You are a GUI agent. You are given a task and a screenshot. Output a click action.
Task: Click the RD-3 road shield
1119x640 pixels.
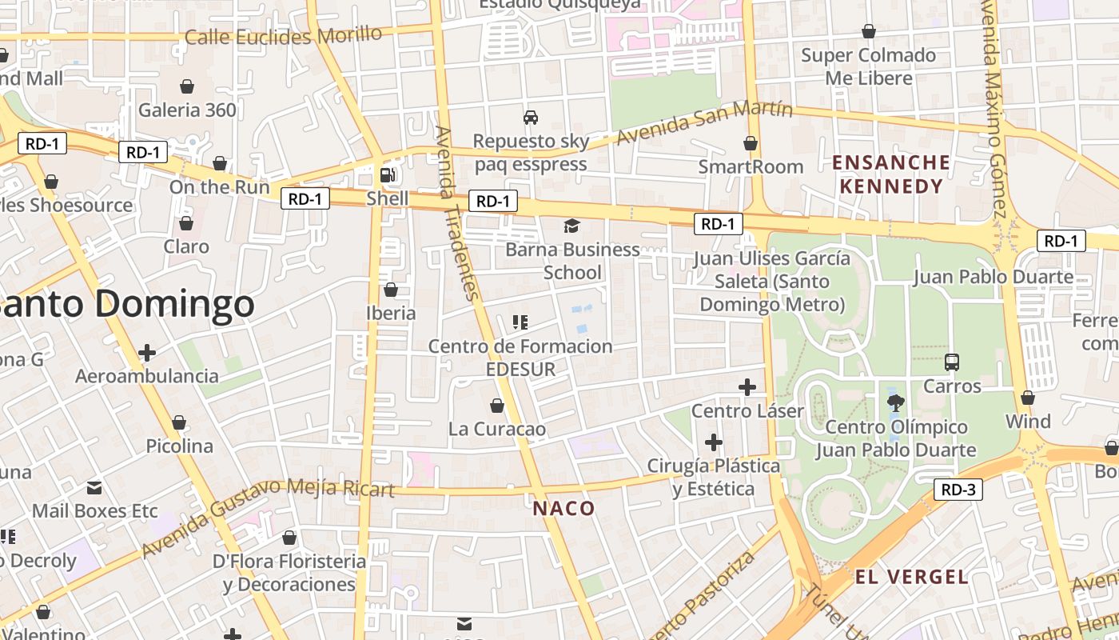[958, 490]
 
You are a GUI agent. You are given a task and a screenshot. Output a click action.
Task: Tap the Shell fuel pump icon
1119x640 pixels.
[388, 175]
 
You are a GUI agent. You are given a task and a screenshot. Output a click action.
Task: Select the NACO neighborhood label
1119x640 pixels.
[564, 509]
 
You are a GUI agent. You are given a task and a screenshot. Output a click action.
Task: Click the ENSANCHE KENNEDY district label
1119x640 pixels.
[891, 174]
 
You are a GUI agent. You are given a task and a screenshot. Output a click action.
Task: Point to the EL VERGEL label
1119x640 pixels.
[912, 577]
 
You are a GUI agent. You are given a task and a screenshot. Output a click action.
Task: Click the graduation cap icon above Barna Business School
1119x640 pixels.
[571, 226]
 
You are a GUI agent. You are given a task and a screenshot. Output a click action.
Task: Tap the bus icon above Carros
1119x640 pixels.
[952, 362]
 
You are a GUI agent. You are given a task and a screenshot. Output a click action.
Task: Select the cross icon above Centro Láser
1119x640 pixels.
[747, 387]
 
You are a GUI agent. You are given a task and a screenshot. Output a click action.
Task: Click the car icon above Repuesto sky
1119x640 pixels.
[530, 118]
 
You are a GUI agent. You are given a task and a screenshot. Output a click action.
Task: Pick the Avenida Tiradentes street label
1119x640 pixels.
[458, 213]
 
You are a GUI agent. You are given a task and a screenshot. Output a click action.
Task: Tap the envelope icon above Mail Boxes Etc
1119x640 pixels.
[94, 487]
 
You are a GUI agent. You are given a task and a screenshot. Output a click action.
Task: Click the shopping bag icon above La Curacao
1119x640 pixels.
[497, 406]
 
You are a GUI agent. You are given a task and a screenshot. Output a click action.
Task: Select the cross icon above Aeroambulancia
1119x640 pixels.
[147, 352]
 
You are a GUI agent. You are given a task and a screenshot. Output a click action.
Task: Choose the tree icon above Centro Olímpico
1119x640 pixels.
[895, 402]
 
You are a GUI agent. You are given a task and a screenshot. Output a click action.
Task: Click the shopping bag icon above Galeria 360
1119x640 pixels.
[187, 86]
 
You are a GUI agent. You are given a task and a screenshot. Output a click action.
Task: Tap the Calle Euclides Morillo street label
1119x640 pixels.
[284, 36]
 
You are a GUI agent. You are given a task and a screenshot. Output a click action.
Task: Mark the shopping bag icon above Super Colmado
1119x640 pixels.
[869, 31]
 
